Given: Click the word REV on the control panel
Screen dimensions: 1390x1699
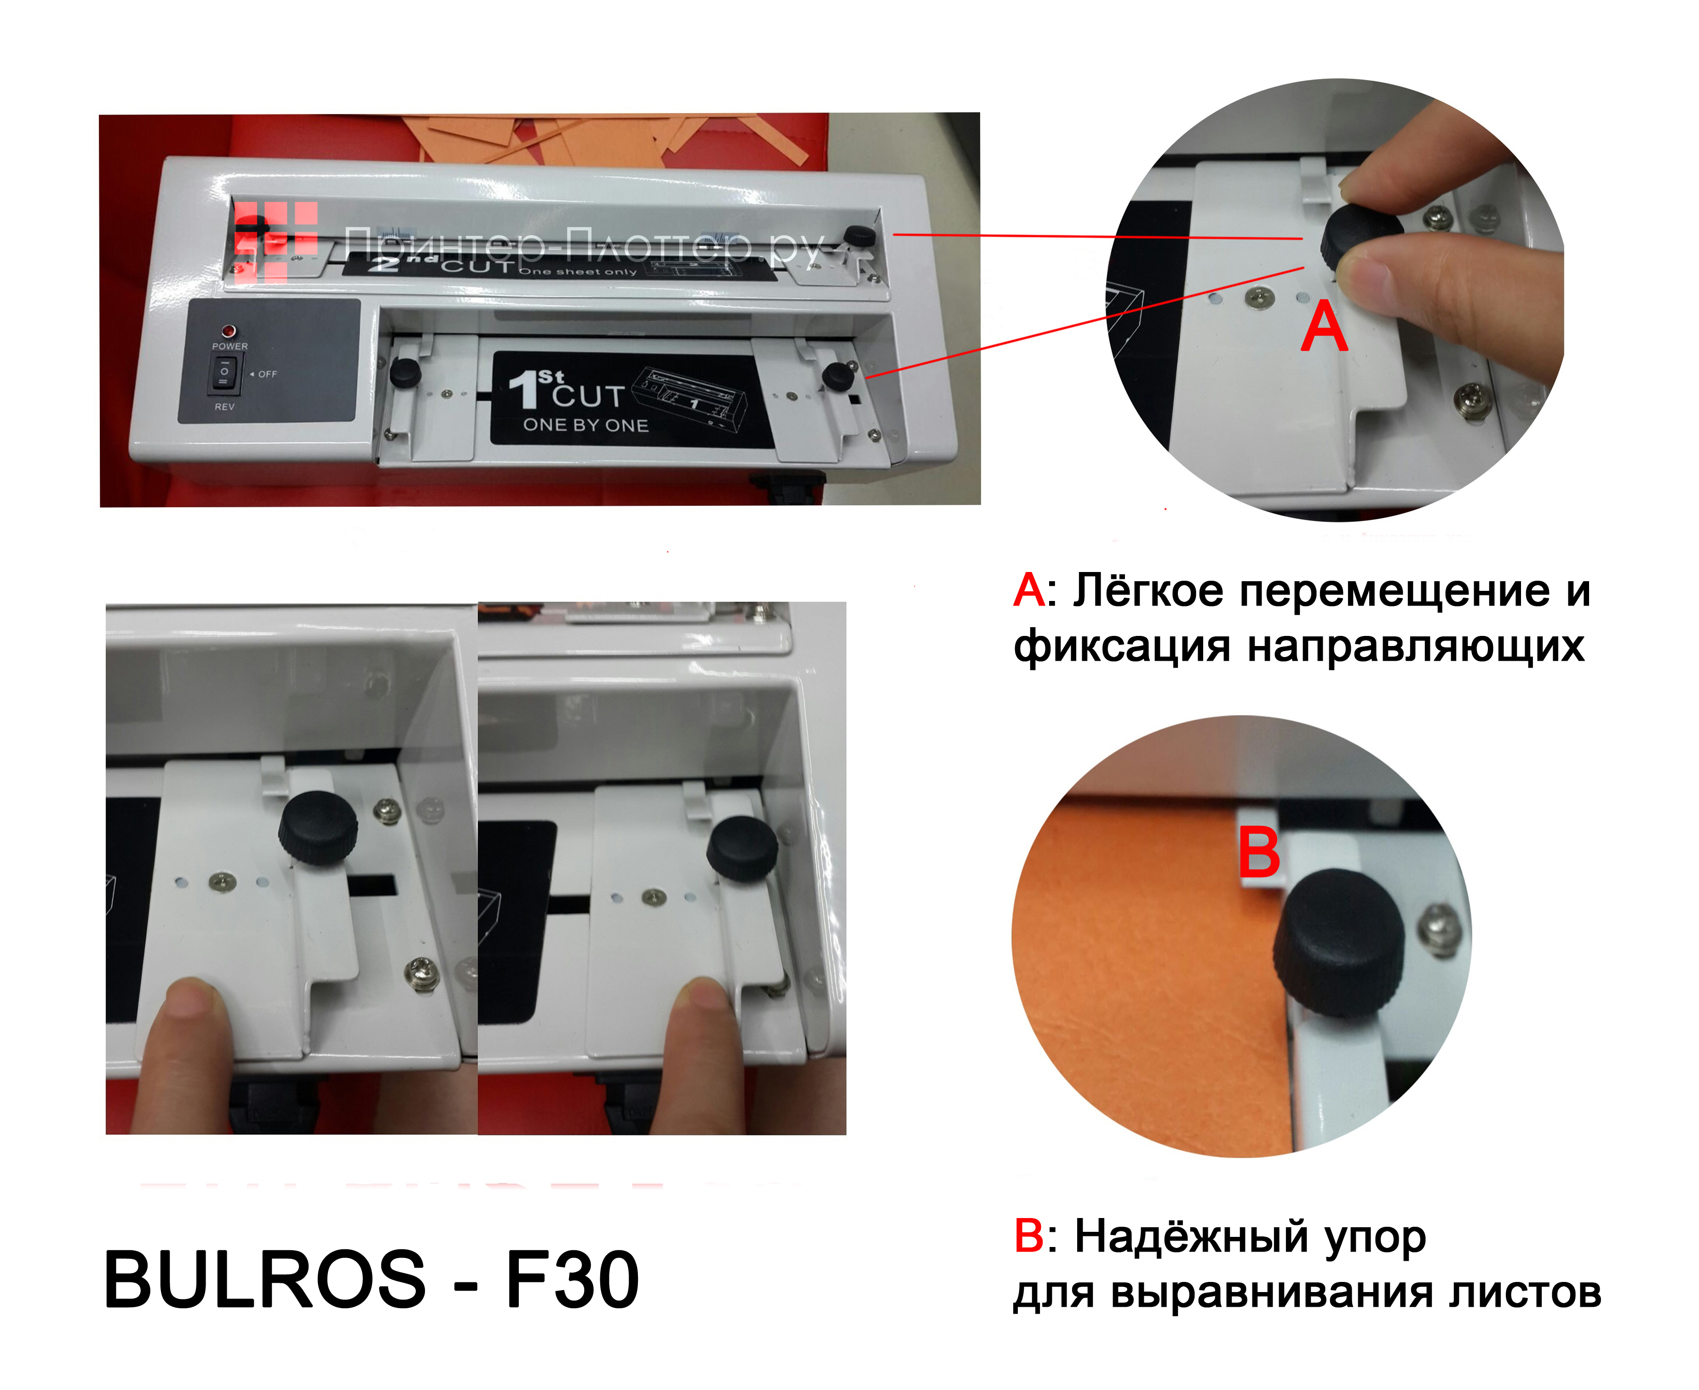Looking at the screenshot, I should (x=225, y=407).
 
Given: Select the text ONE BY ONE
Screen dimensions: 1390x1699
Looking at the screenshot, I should (x=585, y=425).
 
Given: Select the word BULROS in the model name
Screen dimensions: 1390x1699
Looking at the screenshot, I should (x=264, y=1280).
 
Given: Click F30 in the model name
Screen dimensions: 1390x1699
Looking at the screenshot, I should (x=572, y=1280).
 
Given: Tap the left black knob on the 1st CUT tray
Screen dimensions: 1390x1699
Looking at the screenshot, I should (x=405, y=372).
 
